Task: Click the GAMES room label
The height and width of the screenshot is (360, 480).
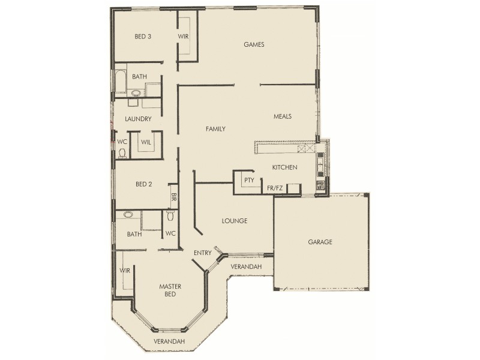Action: coord(254,44)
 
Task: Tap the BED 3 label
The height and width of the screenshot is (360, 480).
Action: coord(142,37)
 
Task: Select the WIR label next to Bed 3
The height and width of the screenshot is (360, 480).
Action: coord(183,37)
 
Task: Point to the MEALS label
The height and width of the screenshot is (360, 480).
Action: coord(282,116)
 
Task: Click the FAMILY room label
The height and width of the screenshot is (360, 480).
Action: coord(215,129)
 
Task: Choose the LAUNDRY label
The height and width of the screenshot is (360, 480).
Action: coord(138,119)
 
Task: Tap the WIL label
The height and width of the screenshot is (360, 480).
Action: coord(146,142)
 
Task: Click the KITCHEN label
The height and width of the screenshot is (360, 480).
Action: coord(284,167)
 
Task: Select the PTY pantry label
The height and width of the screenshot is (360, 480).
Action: coord(248,180)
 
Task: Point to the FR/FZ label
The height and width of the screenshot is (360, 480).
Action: coord(275,188)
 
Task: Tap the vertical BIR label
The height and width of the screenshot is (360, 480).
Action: coord(173,196)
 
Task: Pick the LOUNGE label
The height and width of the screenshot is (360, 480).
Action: coord(235,221)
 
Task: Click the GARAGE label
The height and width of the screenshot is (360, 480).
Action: coord(320,242)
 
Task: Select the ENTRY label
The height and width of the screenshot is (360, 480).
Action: coord(202,253)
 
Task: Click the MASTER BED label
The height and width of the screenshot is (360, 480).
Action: coord(170,290)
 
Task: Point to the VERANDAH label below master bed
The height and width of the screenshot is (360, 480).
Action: coord(169,341)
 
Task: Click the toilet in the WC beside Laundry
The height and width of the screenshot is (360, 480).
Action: coord(122,154)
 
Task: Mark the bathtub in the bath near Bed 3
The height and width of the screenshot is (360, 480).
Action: coord(119,84)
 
